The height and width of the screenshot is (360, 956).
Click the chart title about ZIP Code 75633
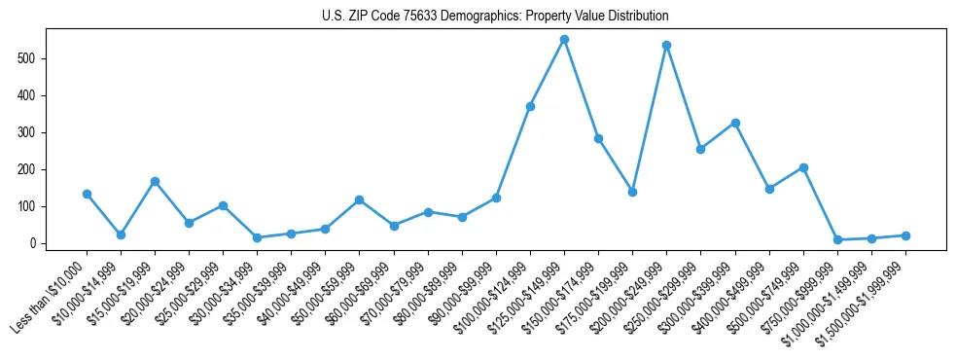[495, 17]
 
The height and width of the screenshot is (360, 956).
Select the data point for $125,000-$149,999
[564, 40]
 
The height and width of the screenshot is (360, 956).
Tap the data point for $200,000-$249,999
[666, 45]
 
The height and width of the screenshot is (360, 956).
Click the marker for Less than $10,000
[87, 194]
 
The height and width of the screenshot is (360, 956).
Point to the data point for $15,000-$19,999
[155, 181]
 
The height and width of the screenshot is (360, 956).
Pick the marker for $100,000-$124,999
[530, 106]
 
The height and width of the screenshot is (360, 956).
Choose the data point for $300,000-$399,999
[735, 123]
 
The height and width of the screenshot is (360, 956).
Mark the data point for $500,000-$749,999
[803, 167]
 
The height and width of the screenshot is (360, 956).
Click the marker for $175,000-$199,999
[632, 192]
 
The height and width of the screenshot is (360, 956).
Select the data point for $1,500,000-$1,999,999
[905, 235]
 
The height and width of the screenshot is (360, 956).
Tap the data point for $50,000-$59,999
[359, 199]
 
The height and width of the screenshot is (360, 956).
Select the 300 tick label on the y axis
[33, 132]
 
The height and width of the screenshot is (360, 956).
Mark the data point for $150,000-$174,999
[598, 138]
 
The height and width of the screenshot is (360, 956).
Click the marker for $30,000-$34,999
[257, 237]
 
